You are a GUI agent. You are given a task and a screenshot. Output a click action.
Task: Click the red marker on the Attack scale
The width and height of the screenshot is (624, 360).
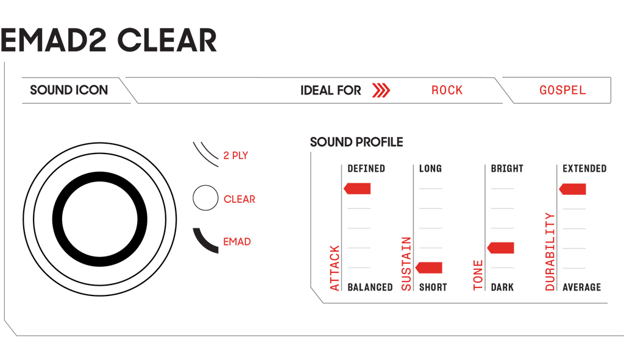(357, 189)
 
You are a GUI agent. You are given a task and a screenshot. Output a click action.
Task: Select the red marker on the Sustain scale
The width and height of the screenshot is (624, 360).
(428, 267)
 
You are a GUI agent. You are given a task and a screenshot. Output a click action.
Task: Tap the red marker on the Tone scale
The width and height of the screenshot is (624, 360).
(501, 248)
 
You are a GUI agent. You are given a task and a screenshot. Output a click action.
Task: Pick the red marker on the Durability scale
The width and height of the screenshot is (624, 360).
(572, 189)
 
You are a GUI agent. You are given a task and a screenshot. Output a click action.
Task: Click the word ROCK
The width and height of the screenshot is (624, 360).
(447, 90)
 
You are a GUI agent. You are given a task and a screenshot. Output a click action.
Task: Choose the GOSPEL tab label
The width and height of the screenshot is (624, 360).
(562, 90)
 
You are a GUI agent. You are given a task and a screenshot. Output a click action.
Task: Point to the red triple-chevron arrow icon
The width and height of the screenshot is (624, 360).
(381, 90)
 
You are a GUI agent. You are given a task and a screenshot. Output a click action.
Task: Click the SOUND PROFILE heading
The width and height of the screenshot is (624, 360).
(356, 142)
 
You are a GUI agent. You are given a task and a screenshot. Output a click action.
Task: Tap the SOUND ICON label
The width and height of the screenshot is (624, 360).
(69, 90)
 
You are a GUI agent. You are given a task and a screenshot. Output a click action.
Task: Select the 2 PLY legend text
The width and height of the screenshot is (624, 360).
(236, 155)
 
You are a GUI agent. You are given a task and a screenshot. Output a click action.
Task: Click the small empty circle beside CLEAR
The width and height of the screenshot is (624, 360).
(205, 198)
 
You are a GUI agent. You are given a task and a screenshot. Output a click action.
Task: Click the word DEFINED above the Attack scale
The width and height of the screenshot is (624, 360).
(366, 169)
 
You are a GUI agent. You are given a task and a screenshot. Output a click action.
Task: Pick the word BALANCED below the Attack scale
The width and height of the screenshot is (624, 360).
(370, 287)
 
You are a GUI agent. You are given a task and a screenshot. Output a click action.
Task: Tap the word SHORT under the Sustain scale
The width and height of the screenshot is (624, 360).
(433, 287)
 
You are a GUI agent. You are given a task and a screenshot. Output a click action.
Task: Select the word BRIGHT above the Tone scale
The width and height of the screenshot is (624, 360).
(507, 169)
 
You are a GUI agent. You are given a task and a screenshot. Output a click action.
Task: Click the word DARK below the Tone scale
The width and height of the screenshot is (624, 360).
(502, 287)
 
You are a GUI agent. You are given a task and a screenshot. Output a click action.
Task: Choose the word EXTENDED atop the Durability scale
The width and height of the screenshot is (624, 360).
(584, 169)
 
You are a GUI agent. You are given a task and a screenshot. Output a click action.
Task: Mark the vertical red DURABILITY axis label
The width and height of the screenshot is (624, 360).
(550, 252)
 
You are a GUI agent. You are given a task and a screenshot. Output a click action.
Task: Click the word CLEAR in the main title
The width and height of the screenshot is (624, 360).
(167, 40)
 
